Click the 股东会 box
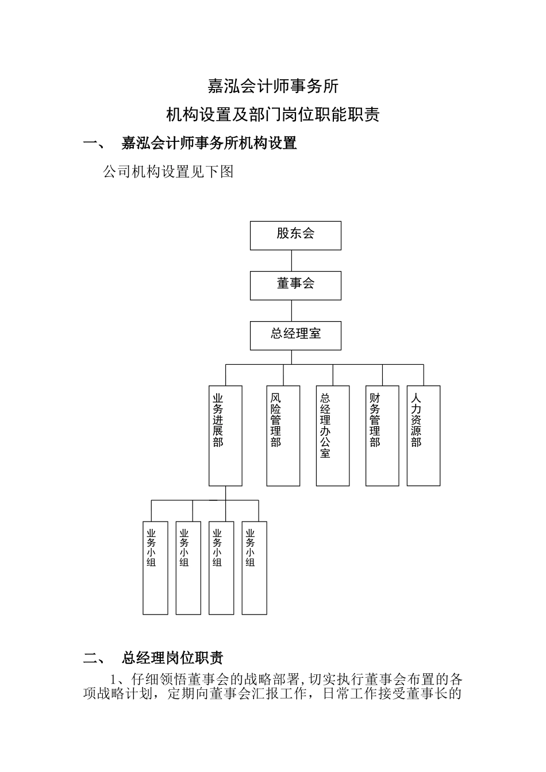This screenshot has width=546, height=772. pyautogui.click(x=295, y=235)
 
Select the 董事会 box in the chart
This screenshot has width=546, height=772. pyautogui.click(x=295, y=285)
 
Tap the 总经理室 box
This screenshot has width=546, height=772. pyautogui.click(x=295, y=335)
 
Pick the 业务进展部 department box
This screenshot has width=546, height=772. pyautogui.click(x=225, y=435)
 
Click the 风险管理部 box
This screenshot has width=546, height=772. pyautogui.click(x=283, y=435)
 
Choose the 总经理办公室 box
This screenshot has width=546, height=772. pyautogui.click(x=333, y=435)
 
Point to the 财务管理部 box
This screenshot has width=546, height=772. pyautogui.click(x=382, y=435)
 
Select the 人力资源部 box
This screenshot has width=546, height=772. pyautogui.click(x=424, y=435)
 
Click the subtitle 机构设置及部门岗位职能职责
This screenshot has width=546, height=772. pyautogui.click(x=273, y=115)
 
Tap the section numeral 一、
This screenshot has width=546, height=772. pyautogui.click(x=94, y=144)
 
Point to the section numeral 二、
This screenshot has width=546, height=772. pyautogui.click(x=94, y=658)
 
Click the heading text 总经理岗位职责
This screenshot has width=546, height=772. pyautogui.click(x=172, y=658)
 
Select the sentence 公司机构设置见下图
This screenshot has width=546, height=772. pyautogui.click(x=168, y=172)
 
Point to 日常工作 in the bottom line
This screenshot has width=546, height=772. pyautogui.click(x=350, y=693)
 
